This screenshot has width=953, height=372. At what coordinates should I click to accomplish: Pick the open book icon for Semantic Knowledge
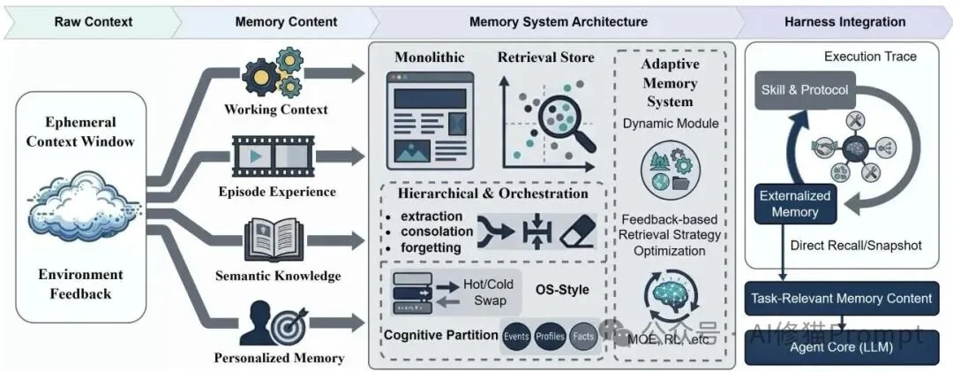coord(274,237)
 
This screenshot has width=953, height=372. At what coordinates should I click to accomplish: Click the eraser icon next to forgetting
coord(578,232)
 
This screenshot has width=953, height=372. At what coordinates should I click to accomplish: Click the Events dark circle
coord(517,337)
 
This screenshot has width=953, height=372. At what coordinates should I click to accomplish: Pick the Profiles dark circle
coord(550,337)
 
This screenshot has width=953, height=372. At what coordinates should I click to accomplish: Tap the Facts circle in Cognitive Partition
coord(582,337)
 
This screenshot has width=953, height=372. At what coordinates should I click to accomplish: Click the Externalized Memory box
coord(789,204)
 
